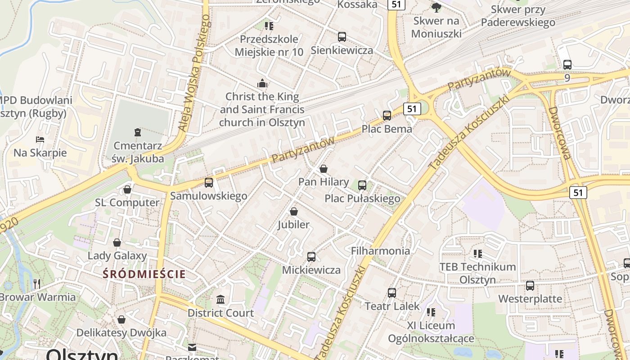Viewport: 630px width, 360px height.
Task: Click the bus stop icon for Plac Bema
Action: [x=387, y=116]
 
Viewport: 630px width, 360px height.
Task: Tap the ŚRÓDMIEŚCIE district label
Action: [x=144, y=274]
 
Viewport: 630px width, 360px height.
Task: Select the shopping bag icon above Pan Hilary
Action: [x=323, y=169]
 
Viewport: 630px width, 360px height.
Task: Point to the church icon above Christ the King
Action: [x=262, y=83]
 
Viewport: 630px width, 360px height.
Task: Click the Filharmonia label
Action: [x=380, y=251]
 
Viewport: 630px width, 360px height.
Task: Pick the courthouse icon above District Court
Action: [x=220, y=299]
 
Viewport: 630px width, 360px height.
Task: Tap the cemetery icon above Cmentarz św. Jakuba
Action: [x=137, y=132]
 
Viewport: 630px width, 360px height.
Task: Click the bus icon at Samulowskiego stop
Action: [x=209, y=183]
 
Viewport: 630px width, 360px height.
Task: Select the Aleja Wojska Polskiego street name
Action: [x=194, y=73]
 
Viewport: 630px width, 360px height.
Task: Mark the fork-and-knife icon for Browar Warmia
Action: [x=37, y=283]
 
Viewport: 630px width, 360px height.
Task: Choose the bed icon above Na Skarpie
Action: [x=40, y=139]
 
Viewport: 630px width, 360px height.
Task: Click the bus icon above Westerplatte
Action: [x=530, y=285]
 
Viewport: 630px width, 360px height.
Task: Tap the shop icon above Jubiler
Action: [x=294, y=211]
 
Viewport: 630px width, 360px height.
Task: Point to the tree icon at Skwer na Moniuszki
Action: [x=436, y=7]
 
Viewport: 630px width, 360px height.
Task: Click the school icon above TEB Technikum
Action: [x=478, y=253]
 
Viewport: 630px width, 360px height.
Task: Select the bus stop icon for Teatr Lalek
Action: [x=392, y=293]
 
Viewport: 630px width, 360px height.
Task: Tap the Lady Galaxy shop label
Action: [x=117, y=256]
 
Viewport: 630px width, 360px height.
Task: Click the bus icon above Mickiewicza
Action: [x=311, y=257]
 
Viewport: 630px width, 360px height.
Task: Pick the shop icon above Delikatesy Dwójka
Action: [x=121, y=319]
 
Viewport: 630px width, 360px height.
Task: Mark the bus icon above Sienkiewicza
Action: [x=342, y=37]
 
